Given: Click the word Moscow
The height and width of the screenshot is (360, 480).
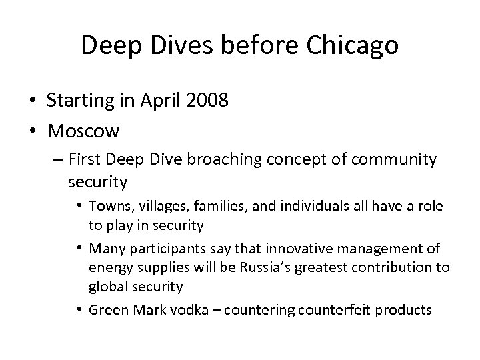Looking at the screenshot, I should click(x=83, y=131).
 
